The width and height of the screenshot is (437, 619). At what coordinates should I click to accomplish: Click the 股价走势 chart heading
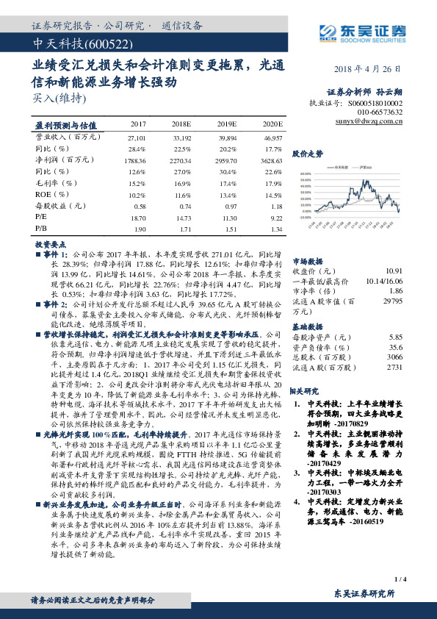pyautogui.click(x=308, y=154)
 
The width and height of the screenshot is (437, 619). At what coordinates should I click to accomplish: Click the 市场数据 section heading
pyautogui.click(x=308, y=260)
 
